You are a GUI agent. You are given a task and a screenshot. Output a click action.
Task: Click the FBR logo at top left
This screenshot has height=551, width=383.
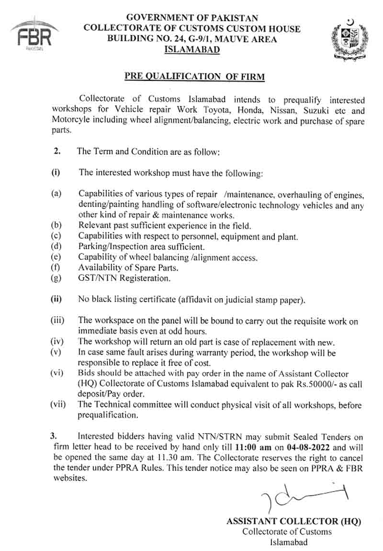click(34, 35)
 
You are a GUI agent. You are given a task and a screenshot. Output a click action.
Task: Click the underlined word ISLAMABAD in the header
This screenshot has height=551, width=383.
click(192, 49)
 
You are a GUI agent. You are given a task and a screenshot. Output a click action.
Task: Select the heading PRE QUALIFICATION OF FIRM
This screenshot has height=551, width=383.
click(194, 76)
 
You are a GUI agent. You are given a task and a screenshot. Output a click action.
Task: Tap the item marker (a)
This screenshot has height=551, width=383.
click(56, 194)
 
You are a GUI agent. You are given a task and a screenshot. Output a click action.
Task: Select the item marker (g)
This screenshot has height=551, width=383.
click(56, 277)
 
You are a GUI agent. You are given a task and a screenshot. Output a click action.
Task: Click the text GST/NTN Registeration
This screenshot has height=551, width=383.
click(124, 277)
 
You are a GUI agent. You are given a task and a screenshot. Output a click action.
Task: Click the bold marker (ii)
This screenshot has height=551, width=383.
click(56, 300)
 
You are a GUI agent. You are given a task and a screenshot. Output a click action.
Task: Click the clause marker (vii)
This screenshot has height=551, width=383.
click(58, 405)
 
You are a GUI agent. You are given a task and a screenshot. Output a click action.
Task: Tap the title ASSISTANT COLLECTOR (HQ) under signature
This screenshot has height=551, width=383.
click(293, 521)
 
